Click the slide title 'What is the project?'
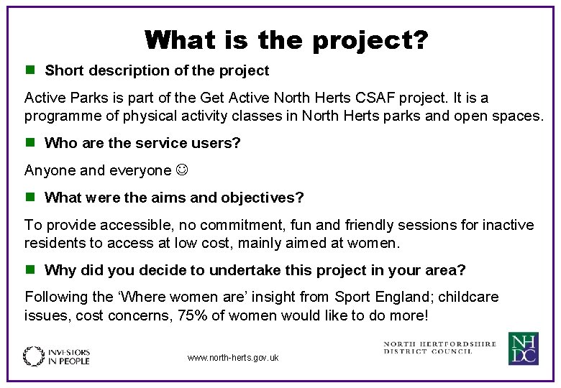pos(286,40)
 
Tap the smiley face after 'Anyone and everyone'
pos(183,170)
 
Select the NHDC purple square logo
pos(523,348)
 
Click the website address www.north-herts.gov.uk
pos(232,357)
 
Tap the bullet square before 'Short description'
pos(30,70)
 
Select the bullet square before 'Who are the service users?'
pos(30,142)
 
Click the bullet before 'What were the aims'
pos(30,197)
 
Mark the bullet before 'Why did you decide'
pos(30,270)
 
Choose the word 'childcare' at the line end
pos(468,297)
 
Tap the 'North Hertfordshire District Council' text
pos(439,348)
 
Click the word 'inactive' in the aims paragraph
pos(508,225)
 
